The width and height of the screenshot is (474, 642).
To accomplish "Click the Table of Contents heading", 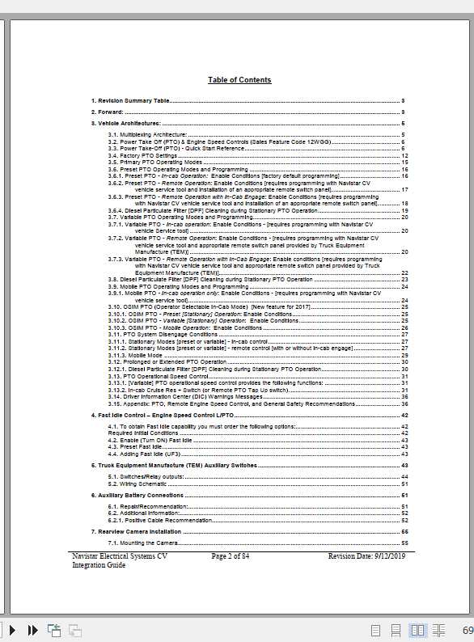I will [239, 80].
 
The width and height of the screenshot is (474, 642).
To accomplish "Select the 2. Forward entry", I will [108, 112].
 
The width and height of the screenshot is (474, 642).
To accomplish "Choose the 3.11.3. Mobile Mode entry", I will [135, 355].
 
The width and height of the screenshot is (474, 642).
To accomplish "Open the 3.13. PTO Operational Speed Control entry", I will [156, 376].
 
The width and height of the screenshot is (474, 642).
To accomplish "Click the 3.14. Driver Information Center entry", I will [186, 397].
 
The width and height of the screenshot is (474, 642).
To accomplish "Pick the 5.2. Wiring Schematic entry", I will [138, 484].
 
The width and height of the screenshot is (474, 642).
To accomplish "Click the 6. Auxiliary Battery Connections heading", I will [138, 495].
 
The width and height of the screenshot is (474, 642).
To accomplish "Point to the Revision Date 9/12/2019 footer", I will [366, 556].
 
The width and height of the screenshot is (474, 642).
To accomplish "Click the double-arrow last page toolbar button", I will [35, 630].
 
